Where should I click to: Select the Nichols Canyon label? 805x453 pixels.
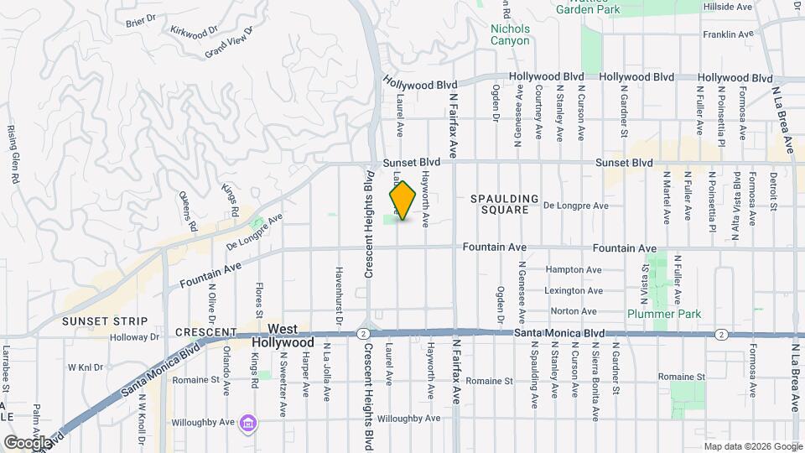[510, 34]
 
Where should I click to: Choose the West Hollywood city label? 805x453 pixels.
[283, 336]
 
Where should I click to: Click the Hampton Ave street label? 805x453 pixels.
[574, 270]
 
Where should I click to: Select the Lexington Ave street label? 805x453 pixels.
[574, 291]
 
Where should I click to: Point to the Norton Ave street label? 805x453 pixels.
[574, 311]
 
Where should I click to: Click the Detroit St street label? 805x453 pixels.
[773, 192]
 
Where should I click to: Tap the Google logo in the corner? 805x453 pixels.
[27, 442]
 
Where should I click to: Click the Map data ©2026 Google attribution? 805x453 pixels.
[752, 446]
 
